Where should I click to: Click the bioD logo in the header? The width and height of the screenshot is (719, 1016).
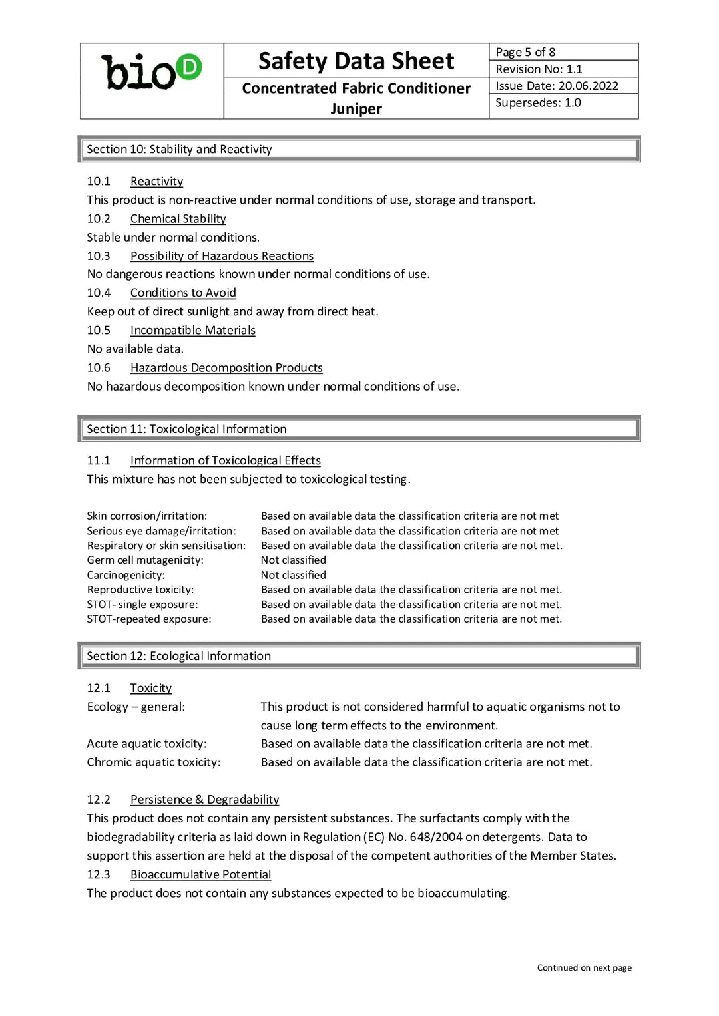(x=151, y=72)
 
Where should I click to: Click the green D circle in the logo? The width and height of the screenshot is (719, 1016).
(x=189, y=67)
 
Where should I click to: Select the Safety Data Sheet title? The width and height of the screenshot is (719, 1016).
(x=356, y=61)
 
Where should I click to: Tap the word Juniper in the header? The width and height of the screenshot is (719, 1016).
(x=356, y=108)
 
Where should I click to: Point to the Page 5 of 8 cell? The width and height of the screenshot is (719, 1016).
(x=525, y=52)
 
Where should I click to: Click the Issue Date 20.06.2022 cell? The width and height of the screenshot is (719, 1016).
(x=557, y=86)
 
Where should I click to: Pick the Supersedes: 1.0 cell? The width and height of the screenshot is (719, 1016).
(x=538, y=103)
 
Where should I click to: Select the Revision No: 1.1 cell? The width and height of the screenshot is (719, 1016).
(x=539, y=69)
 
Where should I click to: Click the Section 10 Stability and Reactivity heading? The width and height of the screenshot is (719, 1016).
(x=179, y=150)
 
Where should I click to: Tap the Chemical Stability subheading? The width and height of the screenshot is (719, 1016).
(x=178, y=219)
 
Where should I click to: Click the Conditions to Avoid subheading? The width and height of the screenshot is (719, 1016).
(x=183, y=293)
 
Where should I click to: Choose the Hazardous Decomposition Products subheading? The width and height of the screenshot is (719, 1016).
(x=226, y=368)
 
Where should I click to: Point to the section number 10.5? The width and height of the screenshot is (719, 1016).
(x=99, y=331)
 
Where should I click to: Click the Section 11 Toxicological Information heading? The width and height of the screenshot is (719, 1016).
(x=186, y=430)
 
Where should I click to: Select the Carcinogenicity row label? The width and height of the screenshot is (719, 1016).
(x=126, y=575)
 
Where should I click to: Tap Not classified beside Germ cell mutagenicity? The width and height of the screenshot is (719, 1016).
(x=294, y=560)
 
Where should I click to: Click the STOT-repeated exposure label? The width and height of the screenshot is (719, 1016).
(x=149, y=619)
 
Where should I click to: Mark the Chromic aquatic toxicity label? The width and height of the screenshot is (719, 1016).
(x=153, y=762)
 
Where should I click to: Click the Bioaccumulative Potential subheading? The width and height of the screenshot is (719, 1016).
(x=200, y=875)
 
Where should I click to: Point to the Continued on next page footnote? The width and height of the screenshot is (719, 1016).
(x=584, y=968)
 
